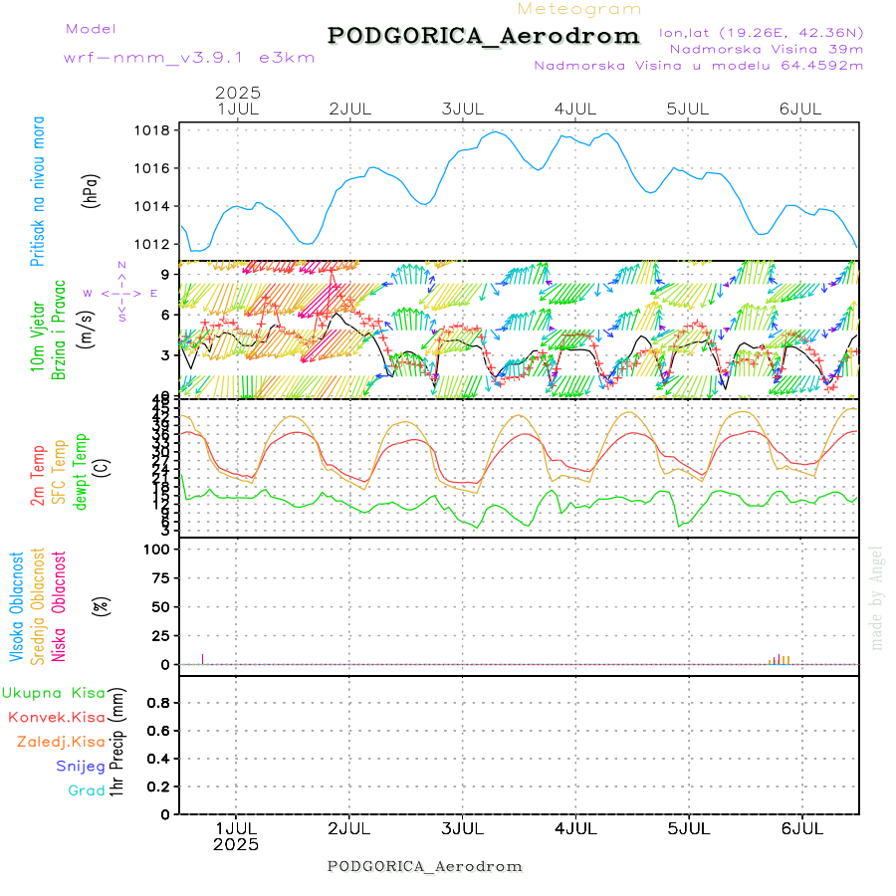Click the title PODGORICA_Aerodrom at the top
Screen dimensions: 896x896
coord(484,36)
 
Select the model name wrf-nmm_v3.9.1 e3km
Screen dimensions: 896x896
coord(189,58)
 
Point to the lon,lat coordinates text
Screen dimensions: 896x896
coord(761,32)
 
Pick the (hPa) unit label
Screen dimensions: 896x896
coord(93,189)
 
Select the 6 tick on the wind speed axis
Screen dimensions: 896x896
coord(164,315)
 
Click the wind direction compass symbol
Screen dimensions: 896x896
coord(121,293)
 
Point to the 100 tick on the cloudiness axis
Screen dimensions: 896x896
coord(158,550)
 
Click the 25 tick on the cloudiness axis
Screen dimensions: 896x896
coord(162,635)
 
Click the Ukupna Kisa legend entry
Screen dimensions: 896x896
coord(53,693)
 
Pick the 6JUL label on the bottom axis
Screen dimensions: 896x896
coord(801,827)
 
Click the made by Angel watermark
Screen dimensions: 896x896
coord(877,597)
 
